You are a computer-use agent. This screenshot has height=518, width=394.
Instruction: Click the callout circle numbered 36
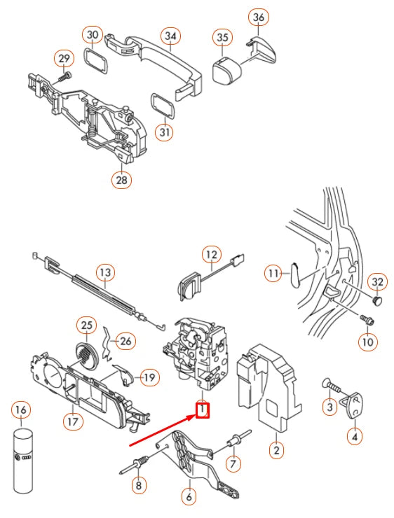[259, 17]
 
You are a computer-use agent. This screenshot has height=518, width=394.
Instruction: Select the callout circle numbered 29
[64, 58]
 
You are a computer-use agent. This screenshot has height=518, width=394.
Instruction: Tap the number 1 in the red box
[202, 409]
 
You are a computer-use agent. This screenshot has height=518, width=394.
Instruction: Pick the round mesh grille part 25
[87, 356]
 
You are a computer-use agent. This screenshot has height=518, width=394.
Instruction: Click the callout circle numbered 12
[212, 254]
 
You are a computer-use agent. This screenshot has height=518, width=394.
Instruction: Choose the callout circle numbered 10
[367, 342]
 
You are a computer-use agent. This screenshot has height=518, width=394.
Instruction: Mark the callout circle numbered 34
[170, 35]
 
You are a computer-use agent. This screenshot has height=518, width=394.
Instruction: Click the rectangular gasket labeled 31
[163, 106]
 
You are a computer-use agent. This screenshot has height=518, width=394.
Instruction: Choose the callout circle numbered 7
[233, 463]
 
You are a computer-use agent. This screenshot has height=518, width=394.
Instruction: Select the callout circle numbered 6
[188, 497]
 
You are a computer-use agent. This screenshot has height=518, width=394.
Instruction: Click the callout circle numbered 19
[149, 377]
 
